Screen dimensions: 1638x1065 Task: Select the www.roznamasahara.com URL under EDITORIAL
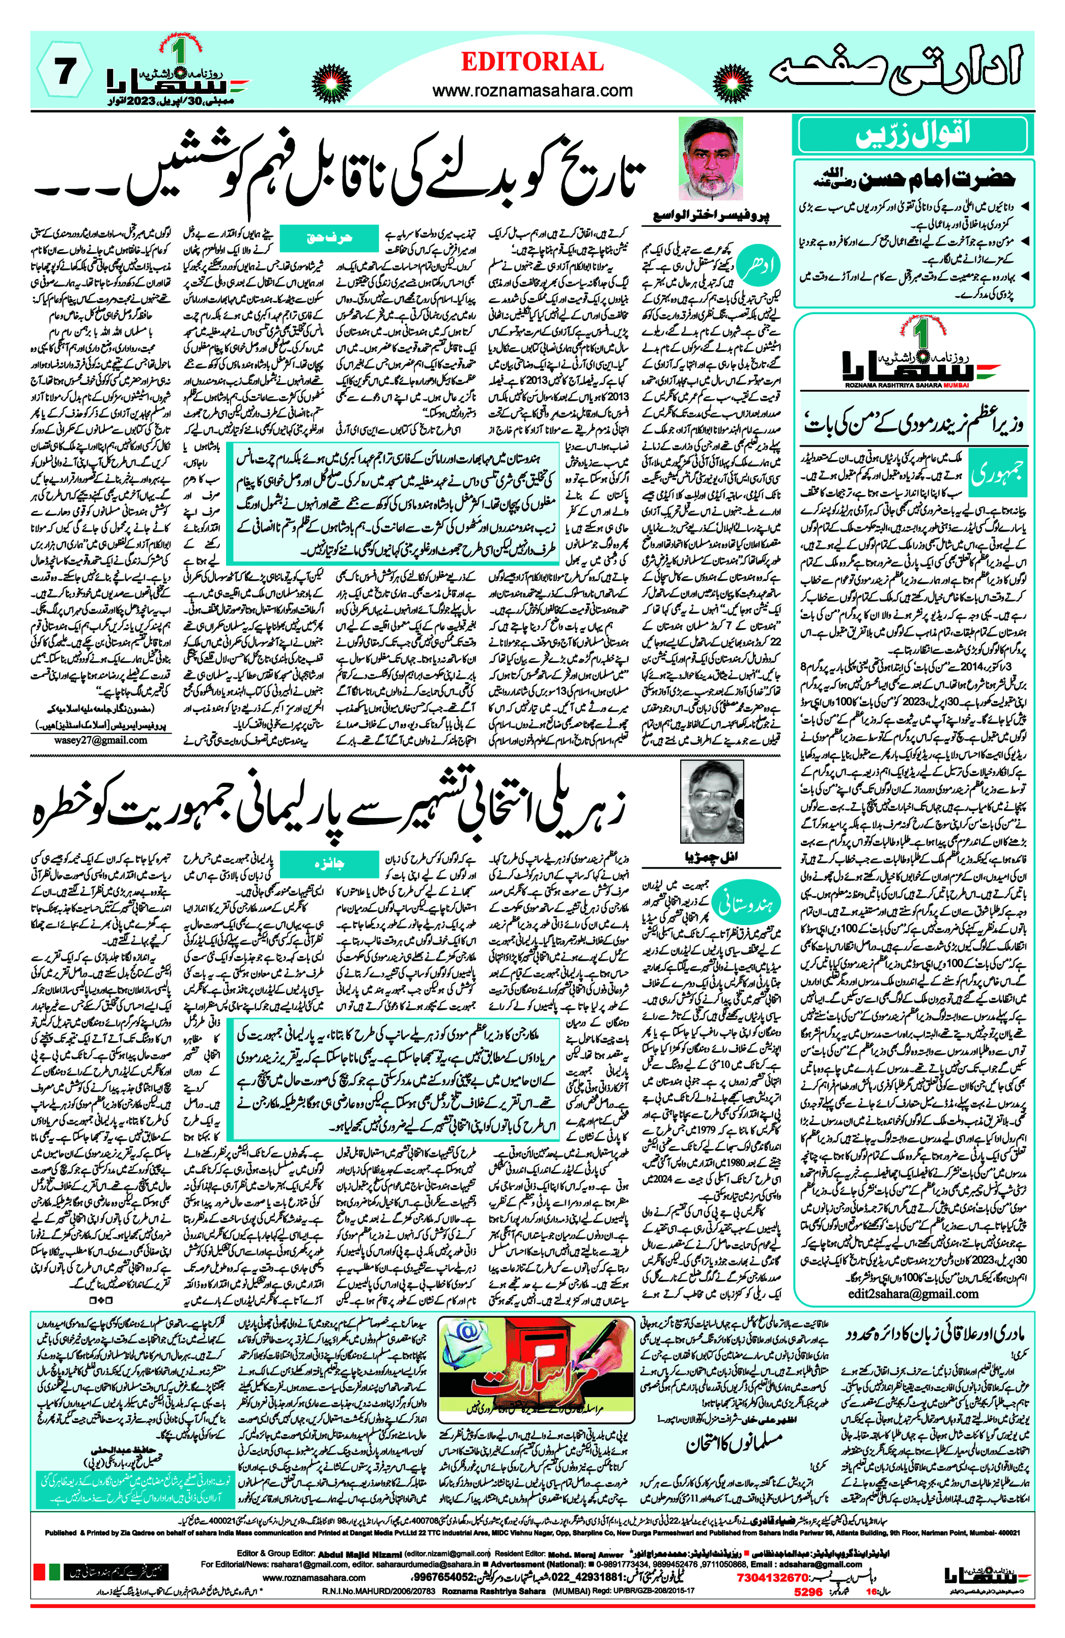532,90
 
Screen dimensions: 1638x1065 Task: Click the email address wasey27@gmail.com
100,741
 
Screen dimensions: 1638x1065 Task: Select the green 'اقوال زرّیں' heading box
912,135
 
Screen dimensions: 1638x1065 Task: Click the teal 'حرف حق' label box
329,238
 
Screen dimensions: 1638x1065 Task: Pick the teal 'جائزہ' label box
329,864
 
